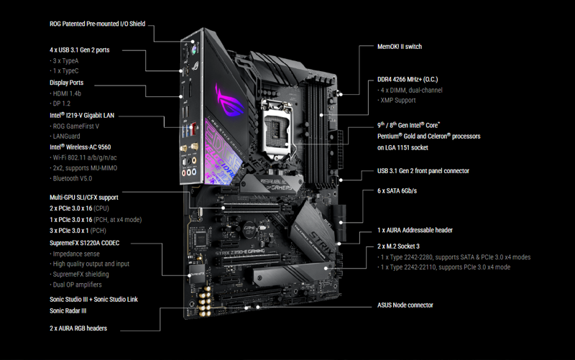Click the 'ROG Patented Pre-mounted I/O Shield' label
[x=97, y=24]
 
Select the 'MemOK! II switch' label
[x=400, y=47]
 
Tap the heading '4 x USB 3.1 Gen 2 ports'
[x=85, y=50]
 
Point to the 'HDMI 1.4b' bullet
[x=67, y=93]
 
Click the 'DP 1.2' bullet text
[x=63, y=104]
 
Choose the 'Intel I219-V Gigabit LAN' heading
[x=82, y=115]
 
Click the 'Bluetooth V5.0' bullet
[x=72, y=178]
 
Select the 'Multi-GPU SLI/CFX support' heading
[x=84, y=197]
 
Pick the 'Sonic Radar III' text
[x=68, y=310]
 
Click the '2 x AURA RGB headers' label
[x=78, y=328]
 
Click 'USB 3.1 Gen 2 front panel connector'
[x=423, y=171]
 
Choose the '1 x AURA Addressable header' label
[x=415, y=230]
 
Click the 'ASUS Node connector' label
[x=405, y=305]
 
